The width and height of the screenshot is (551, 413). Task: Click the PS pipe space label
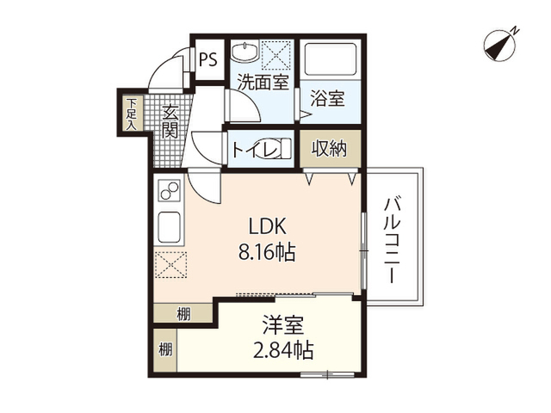(x=208, y=59)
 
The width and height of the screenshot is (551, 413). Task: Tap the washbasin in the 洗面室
(x=245, y=52)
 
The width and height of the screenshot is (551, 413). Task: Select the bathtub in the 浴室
(x=330, y=59)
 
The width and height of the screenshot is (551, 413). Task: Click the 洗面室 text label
(x=263, y=82)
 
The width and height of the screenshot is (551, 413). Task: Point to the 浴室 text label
(x=327, y=98)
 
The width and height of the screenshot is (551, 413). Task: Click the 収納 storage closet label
(x=330, y=149)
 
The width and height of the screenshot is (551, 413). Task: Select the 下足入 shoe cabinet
(x=132, y=114)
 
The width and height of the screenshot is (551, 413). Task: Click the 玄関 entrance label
(x=170, y=121)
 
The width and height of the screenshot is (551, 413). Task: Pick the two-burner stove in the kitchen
(x=170, y=190)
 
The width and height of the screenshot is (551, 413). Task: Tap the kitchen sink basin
(x=170, y=226)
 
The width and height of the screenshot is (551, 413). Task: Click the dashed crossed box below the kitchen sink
(x=170, y=265)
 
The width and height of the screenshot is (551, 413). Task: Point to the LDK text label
(x=268, y=226)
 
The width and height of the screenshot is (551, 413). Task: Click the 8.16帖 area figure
(x=267, y=251)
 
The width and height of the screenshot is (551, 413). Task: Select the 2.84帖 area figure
(x=283, y=350)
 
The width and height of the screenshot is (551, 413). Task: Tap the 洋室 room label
(x=283, y=325)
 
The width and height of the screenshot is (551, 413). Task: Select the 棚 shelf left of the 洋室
(x=165, y=350)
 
